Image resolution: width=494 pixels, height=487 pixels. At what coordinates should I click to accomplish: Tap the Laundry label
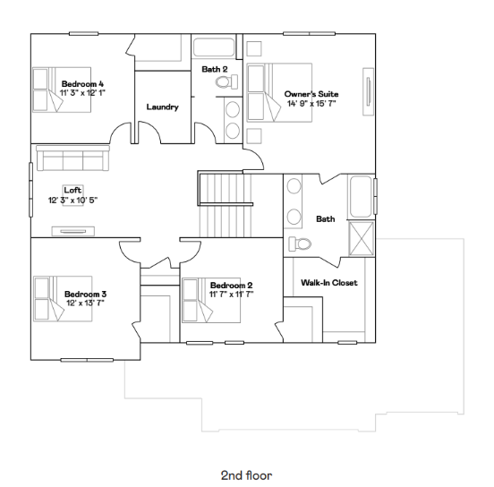[x=162, y=107]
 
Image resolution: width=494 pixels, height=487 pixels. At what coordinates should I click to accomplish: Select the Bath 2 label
[x=215, y=69]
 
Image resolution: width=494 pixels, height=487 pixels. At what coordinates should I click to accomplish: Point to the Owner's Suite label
[x=311, y=93]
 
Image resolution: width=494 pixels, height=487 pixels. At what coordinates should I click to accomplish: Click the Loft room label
[x=72, y=190]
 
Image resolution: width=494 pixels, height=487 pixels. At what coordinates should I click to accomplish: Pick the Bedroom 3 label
[x=85, y=294]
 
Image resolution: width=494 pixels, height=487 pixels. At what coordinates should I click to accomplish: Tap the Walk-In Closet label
[x=328, y=283]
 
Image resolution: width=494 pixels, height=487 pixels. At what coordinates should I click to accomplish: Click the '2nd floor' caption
[x=246, y=474]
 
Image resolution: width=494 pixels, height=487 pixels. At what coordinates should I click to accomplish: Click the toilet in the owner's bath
[x=299, y=244]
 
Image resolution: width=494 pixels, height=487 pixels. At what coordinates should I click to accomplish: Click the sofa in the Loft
[x=72, y=161]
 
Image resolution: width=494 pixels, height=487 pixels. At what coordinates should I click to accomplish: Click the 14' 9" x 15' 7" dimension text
[x=311, y=103]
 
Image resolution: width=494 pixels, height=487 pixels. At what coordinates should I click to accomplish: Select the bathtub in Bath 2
[x=216, y=47]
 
